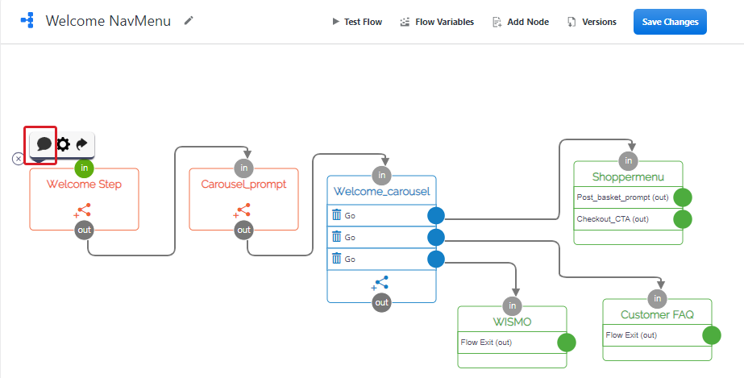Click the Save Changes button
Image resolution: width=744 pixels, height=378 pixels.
(670, 22)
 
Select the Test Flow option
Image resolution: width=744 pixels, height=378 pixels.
(357, 22)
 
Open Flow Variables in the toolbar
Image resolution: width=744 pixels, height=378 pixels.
(437, 22)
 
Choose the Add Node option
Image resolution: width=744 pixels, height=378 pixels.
(521, 22)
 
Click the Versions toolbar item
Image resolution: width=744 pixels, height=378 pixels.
(592, 22)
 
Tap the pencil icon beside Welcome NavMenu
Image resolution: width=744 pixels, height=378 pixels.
(189, 20)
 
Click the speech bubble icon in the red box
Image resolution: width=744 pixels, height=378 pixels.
(44, 144)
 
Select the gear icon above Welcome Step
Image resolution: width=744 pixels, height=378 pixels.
(63, 144)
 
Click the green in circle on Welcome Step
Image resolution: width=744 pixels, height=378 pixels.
(85, 168)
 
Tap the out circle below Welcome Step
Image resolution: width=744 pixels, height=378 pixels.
(84, 230)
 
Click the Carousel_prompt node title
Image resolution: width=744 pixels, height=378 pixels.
(243, 185)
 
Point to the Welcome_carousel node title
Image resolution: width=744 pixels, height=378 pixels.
(381, 192)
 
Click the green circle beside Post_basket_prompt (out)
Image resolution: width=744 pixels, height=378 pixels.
(683, 197)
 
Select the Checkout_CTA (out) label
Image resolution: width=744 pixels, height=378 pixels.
(613, 219)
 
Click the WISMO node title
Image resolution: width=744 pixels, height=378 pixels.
(512, 322)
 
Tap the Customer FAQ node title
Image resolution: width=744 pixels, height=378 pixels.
(657, 314)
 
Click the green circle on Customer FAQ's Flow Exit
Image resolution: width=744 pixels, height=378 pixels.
(711, 335)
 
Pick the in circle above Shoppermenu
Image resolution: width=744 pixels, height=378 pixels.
(628, 160)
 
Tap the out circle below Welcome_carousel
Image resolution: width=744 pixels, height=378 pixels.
(381, 302)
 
